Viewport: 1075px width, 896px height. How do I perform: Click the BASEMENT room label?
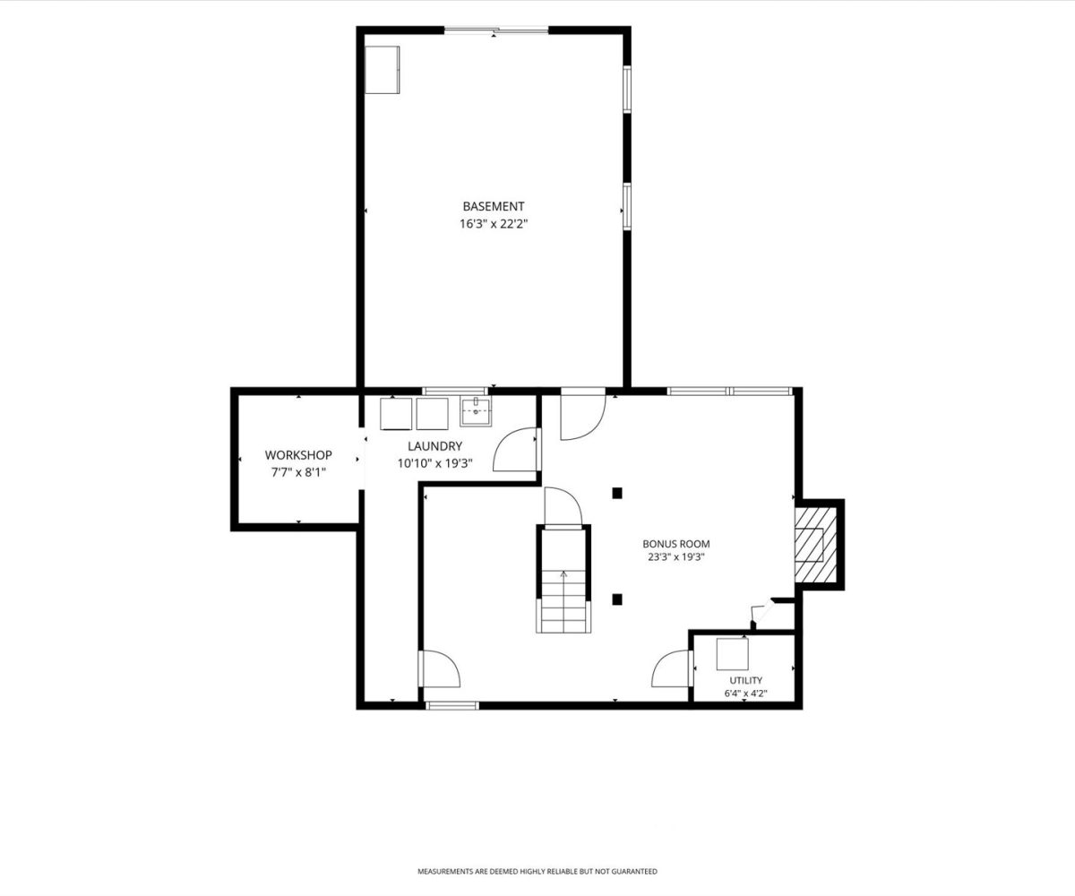coord(494,206)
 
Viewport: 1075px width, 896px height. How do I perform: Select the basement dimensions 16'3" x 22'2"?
coord(494,224)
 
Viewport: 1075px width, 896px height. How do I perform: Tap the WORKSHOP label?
coord(298,455)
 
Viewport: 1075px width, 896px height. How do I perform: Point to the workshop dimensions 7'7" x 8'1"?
coord(298,472)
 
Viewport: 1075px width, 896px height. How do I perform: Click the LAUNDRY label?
coord(435,446)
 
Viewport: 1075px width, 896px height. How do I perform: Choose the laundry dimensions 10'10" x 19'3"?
coord(435,463)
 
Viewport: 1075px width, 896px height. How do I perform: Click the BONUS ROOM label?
coord(676,544)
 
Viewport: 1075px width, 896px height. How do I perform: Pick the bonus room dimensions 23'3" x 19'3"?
coord(676,556)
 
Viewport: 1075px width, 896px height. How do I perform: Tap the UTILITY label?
coord(745,680)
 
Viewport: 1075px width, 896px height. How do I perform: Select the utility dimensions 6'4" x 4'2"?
coord(745,694)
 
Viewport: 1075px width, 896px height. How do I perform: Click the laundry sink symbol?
coord(476,411)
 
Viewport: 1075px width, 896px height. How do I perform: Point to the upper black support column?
coord(617,494)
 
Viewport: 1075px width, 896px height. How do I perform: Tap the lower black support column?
coord(617,599)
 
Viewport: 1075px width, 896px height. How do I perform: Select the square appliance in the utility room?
coord(732,654)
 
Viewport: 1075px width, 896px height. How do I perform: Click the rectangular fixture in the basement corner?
coord(382,70)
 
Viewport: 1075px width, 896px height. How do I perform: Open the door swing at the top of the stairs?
coord(563,507)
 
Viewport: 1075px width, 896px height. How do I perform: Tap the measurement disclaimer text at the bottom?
coord(537,872)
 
